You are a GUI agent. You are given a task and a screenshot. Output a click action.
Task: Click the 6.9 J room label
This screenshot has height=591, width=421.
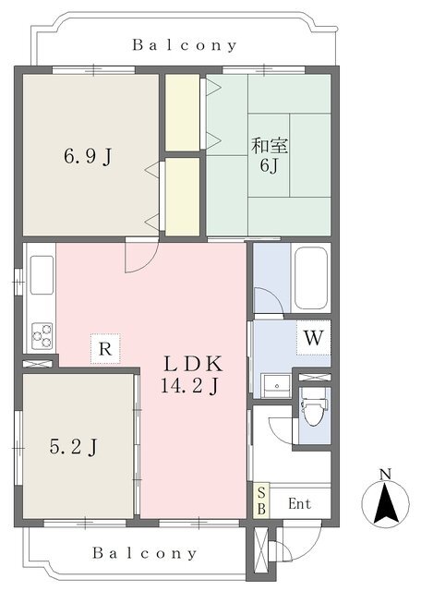click(x=89, y=156)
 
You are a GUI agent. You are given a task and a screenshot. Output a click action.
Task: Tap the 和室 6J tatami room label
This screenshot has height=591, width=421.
click(x=270, y=156)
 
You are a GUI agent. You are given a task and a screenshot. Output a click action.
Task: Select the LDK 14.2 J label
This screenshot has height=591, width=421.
click(x=191, y=375)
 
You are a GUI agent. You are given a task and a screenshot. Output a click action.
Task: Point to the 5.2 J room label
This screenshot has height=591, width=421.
click(x=74, y=447)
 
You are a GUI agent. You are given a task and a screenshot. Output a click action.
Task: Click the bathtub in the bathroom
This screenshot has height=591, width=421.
click(x=310, y=278)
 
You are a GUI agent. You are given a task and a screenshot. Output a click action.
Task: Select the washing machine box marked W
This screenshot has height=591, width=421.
click(x=313, y=338)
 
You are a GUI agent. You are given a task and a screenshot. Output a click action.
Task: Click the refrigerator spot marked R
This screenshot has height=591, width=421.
click(x=105, y=349)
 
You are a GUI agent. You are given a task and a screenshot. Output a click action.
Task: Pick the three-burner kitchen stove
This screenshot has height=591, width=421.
click(x=42, y=336)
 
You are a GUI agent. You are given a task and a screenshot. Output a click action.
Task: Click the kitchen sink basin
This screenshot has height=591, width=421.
click(x=42, y=275)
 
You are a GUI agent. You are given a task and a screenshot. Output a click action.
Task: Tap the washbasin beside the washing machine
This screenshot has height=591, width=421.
click(x=276, y=386)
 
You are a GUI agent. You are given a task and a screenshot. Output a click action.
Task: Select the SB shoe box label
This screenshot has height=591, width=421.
click(x=261, y=501)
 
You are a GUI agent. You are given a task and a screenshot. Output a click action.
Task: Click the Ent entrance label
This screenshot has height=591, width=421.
click(x=300, y=503)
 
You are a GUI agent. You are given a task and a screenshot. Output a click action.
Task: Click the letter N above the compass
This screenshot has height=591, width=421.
click(x=385, y=474)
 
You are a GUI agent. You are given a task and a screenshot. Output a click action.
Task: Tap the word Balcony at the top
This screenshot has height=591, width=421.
click(x=185, y=45)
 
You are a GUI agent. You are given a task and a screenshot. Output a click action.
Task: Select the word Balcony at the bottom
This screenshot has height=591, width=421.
click(x=144, y=553)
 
